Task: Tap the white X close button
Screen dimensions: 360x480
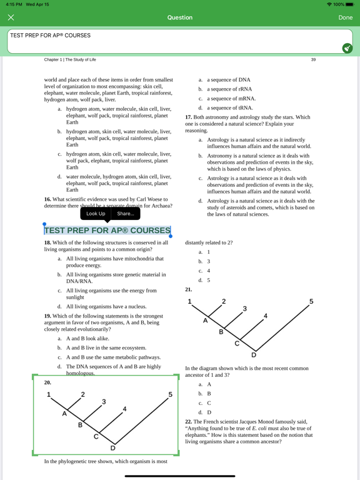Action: point(11,17)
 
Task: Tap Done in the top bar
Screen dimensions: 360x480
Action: point(345,17)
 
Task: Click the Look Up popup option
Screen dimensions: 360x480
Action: point(96,214)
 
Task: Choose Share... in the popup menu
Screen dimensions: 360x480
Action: point(126,214)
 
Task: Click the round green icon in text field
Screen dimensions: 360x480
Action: point(347,48)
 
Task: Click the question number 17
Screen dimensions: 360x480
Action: point(189,117)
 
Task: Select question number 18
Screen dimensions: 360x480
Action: point(47,242)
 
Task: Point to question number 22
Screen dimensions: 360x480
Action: point(189,422)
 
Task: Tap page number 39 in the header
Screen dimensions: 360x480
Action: point(313,60)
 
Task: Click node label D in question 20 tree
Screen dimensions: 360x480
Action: point(112,449)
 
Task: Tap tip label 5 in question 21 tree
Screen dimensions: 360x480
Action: point(311,301)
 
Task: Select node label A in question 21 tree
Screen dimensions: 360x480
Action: point(206,321)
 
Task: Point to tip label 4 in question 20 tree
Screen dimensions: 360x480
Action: point(124,409)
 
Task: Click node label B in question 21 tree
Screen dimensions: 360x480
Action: point(221,332)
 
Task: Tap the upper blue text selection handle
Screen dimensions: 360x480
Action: point(44,224)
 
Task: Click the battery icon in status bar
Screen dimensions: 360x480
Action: point(349,4)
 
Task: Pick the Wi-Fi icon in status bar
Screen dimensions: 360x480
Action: point(329,4)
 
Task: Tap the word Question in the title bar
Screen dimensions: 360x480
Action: point(180,17)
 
